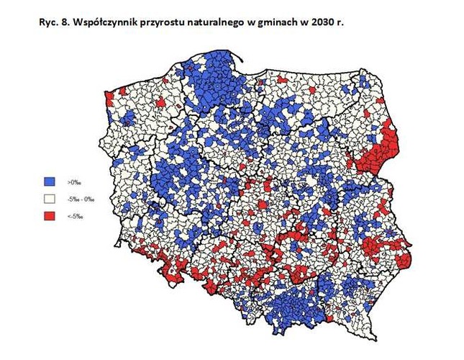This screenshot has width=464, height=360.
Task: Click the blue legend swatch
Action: (x=49, y=181)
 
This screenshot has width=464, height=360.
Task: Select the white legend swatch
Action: (x=49, y=198)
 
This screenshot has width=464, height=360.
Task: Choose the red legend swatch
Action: (x=49, y=215)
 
